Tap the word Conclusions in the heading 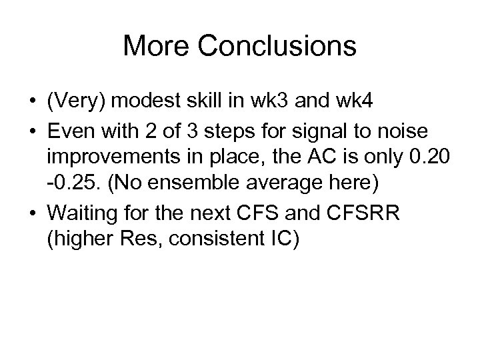pyautogui.click(x=276, y=46)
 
